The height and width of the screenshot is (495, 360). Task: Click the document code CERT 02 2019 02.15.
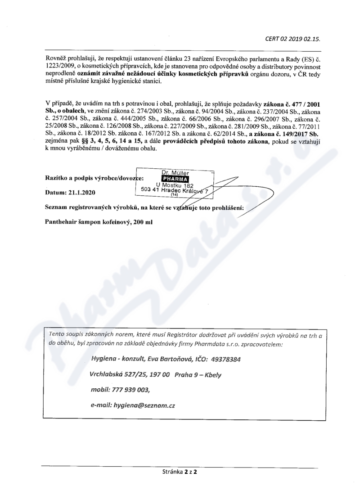coord(293,39)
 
